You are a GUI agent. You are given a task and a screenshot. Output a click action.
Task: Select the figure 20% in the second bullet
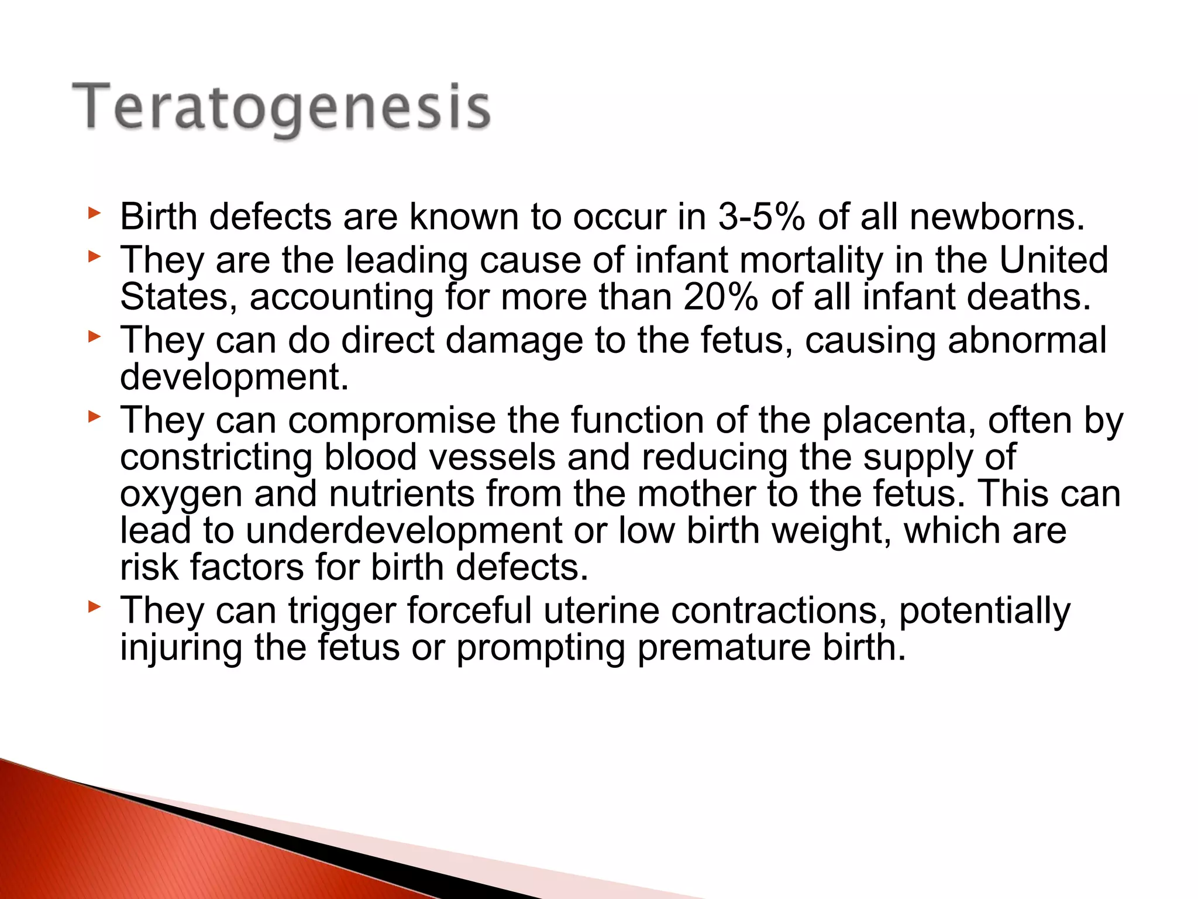coord(721,297)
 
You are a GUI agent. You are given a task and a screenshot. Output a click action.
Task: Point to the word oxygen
coord(181,494)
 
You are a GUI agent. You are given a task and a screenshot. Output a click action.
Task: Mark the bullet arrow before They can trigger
coord(94,607)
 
